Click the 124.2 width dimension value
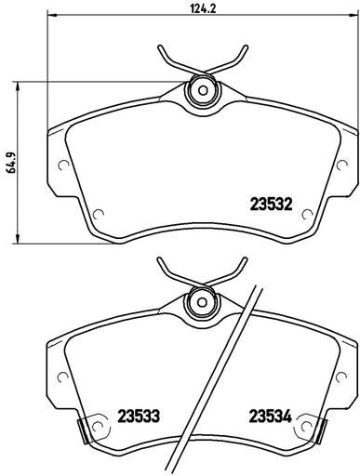click(x=203, y=8)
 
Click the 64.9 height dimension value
click(x=11, y=162)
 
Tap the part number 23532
click(x=271, y=205)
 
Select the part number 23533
click(x=139, y=416)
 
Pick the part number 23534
click(x=271, y=416)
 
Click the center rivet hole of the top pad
click(x=203, y=90)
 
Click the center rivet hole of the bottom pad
click(x=202, y=302)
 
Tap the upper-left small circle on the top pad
click(x=63, y=165)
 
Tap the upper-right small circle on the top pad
click(x=342, y=165)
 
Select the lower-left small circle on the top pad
click(x=99, y=214)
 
